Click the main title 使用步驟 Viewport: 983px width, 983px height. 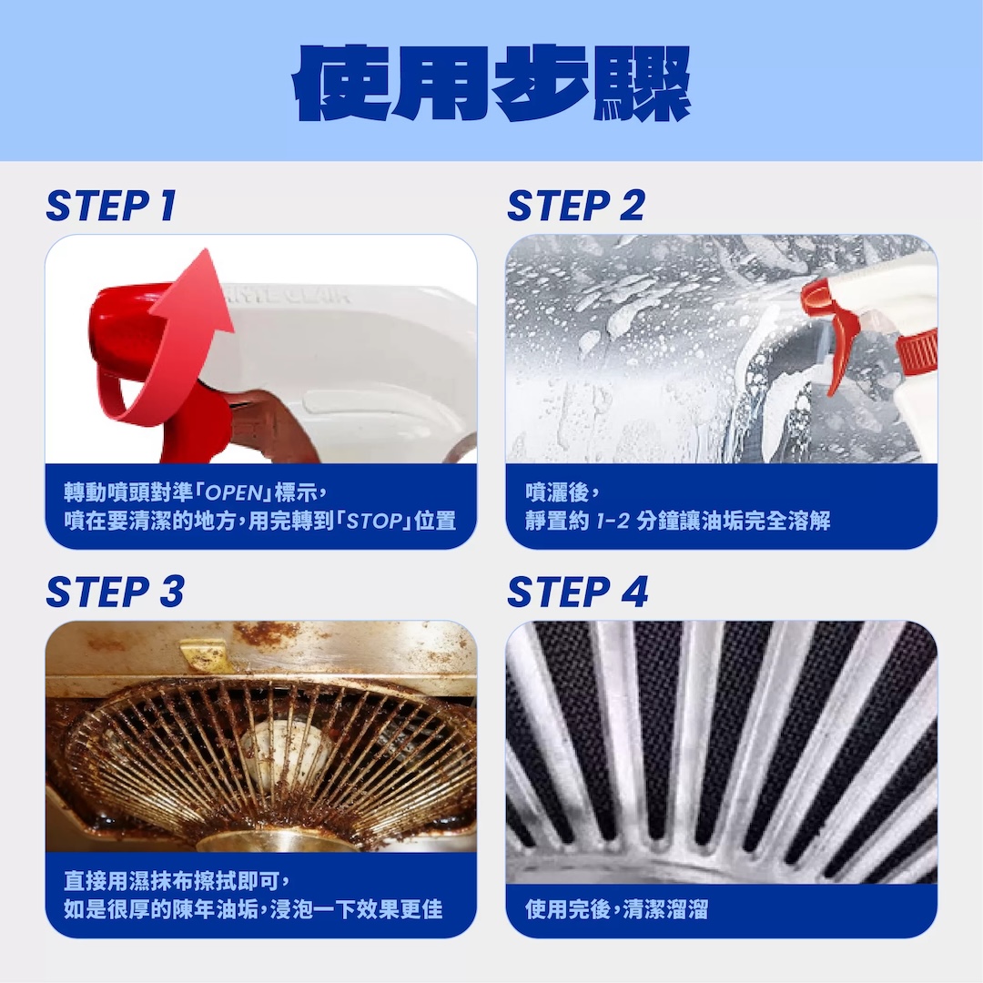coord(492,84)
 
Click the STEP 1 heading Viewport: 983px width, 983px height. coord(112,205)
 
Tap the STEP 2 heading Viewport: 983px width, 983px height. coord(576,205)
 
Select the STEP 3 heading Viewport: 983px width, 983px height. coord(116,592)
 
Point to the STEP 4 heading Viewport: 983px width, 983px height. coord(577,592)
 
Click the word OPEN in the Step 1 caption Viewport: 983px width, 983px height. coord(234,492)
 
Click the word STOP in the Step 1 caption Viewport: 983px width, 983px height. coord(374,521)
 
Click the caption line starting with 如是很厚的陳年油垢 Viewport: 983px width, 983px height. coord(253,909)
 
